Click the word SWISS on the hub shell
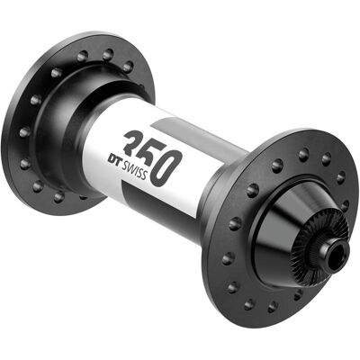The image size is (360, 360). pyautogui.click(x=134, y=169)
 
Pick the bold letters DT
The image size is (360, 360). pyautogui.click(x=114, y=158)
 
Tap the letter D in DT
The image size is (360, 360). pyautogui.click(x=112, y=157)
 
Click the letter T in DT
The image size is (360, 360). pyautogui.click(x=118, y=160)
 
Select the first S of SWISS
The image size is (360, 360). pyautogui.click(x=123, y=165)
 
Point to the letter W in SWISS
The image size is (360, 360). pyautogui.click(x=130, y=167)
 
